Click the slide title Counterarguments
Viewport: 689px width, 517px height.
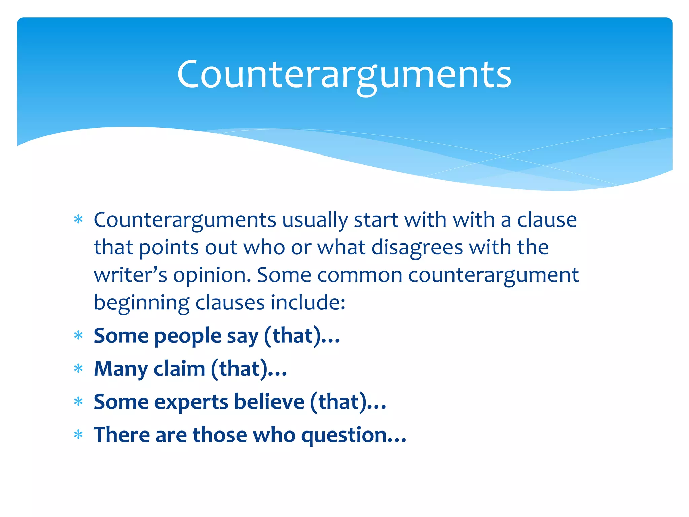pos(344,75)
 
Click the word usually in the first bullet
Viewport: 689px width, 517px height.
pos(315,220)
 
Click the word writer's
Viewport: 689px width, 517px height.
pos(130,275)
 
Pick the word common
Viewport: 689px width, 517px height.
pos(360,275)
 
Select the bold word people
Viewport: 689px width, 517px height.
pos(188,336)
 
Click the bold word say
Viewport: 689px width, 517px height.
pos(243,336)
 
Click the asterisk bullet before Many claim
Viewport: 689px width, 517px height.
pos(78,369)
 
